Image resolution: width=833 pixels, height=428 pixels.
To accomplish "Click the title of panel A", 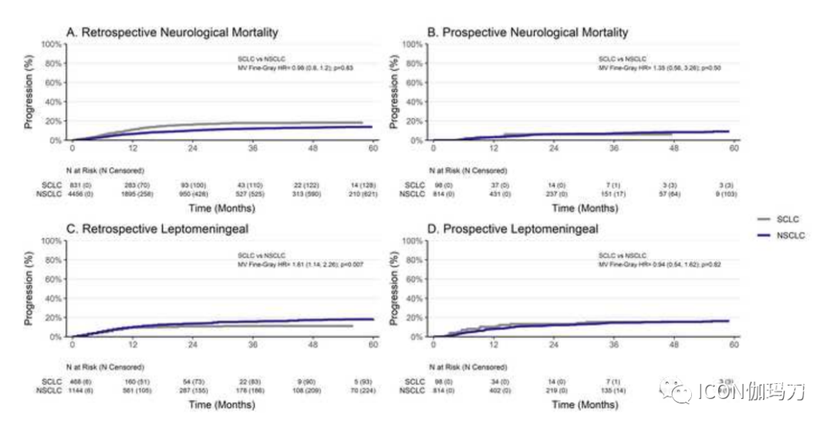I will [x=172, y=32].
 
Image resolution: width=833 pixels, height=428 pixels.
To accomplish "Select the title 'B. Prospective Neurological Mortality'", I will [x=528, y=32].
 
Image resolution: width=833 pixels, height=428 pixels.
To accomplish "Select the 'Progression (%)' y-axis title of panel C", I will [x=30, y=288].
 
